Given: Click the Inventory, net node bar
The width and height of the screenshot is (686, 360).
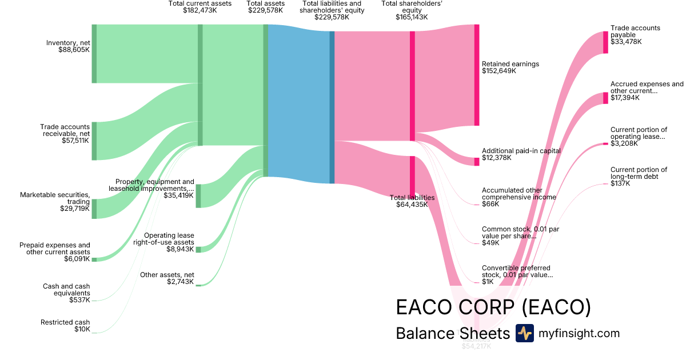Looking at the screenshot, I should click(x=94, y=54).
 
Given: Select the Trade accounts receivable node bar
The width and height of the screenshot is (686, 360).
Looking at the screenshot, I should click(x=94, y=141).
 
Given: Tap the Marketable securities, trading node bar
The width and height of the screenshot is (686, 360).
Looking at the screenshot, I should click(x=94, y=209).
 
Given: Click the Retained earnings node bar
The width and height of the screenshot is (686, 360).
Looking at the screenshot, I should click(x=476, y=75).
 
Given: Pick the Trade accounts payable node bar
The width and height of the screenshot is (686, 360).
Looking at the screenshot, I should click(x=605, y=42).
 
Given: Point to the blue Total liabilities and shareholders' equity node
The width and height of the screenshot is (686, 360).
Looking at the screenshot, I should click(x=332, y=107).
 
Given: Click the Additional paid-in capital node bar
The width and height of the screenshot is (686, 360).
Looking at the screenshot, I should click(x=476, y=161).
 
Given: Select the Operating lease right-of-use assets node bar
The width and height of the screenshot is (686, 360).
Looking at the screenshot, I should click(x=198, y=249).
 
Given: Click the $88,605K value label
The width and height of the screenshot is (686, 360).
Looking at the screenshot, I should click(x=74, y=50).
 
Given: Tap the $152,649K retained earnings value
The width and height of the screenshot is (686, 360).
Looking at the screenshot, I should click(x=499, y=71).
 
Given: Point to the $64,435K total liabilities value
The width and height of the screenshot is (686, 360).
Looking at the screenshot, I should click(x=412, y=205).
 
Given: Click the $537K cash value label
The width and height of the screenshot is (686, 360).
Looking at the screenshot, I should click(x=79, y=300).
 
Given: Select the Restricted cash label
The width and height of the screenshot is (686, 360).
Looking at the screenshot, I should click(x=65, y=322).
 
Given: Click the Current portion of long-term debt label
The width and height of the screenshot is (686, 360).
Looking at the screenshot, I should click(x=639, y=173).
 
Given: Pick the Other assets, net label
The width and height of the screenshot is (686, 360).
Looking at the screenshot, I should click(x=167, y=275).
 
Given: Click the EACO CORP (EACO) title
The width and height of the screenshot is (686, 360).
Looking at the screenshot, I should click(x=493, y=307).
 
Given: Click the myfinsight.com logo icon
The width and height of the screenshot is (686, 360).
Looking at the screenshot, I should click(x=524, y=333).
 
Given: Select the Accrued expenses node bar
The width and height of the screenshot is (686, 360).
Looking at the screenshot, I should click(x=605, y=98).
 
